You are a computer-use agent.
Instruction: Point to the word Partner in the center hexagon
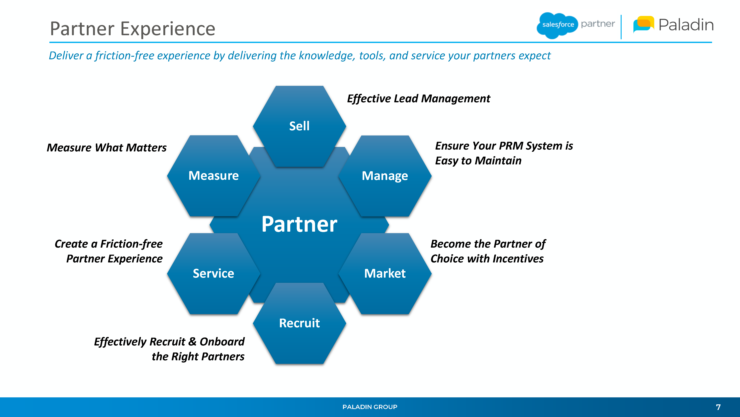tap(299, 224)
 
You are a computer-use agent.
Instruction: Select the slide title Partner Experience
tap(132, 29)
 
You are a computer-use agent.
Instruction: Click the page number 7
tap(718, 407)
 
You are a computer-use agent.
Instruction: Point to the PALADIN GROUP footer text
tap(370, 407)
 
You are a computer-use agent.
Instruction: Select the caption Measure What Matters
tap(107, 148)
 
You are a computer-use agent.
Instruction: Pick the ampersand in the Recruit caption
tap(192, 342)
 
